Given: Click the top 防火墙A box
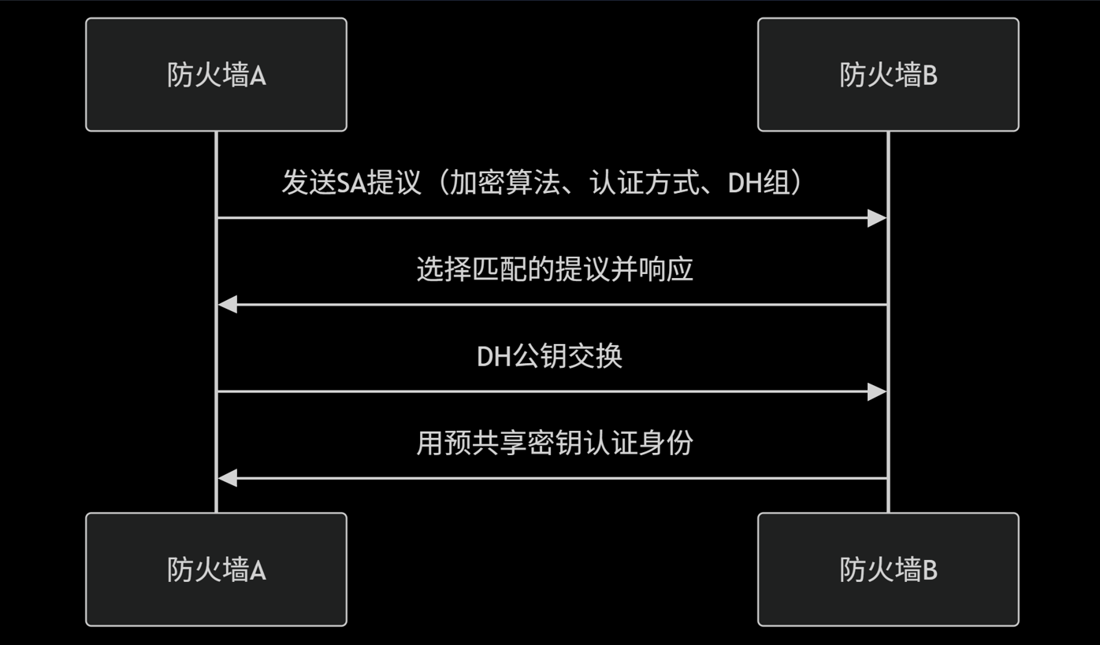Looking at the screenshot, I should (216, 75).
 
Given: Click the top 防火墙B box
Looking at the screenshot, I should (888, 75).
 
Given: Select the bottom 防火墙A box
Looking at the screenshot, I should (216, 569).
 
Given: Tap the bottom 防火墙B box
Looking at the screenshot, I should (888, 569).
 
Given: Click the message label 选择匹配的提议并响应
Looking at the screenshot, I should (554, 269).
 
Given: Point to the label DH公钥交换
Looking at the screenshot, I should (550, 356).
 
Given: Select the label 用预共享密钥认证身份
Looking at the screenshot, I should (554, 443).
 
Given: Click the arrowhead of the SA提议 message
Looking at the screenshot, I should (877, 218).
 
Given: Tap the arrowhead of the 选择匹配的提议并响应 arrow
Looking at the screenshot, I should (228, 305).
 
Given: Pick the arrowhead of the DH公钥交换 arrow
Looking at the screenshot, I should (877, 391).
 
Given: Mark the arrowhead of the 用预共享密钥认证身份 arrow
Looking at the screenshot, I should (228, 478).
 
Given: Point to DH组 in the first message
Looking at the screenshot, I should (757, 183).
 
